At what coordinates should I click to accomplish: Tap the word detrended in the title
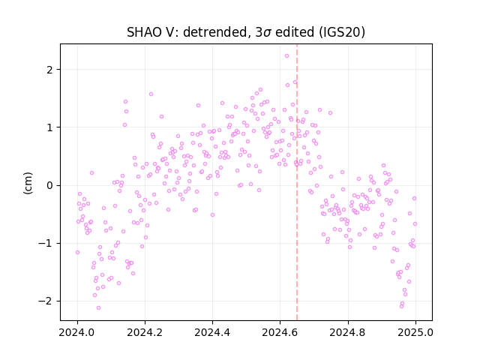[x=214, y=32]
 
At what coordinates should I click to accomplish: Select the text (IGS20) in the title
[x=342, y=32]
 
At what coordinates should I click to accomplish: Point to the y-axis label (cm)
[x=28, y=183]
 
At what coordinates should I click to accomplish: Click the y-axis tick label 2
[x=49, y=70]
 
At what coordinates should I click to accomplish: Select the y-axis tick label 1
[x=49, y=127]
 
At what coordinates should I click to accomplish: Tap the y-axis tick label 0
[x=49, y=185]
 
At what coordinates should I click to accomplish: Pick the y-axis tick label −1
[x=46, y=243]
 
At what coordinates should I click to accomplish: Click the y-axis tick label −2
[x=46, y=301]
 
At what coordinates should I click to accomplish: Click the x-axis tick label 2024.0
[x=77, y=332]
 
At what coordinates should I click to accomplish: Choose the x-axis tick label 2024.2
[x=145, y=332]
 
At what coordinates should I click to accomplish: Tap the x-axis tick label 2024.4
[x=212, y=332]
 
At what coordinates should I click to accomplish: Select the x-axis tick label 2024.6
[x=280, y=332]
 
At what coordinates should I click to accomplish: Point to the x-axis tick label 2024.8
[x=347, y=332]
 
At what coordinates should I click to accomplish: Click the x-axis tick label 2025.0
[x=415, y=332]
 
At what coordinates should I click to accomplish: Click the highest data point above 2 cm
[x=286, y=56]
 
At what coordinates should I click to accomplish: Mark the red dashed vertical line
[x=297, y=182]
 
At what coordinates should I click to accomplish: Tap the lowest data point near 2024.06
[x=98, y=308]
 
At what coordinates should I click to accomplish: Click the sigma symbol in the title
[x=267, y=33]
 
